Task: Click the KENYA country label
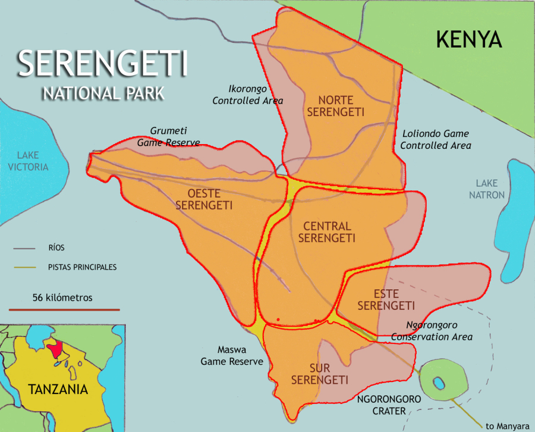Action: coord(469,39)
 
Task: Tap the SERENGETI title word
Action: coord(102,64)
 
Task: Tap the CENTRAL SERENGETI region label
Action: coord(326,232)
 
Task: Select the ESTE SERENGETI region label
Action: coord(386,300)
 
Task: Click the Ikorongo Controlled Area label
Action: coord(248,95)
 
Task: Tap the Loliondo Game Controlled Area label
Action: coord(436,140)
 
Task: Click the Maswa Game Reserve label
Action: coord(231,356)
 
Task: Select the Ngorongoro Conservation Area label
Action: coord(432,331)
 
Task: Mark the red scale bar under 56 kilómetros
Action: coord(64,309)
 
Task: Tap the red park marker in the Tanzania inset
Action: coord(56,349)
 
